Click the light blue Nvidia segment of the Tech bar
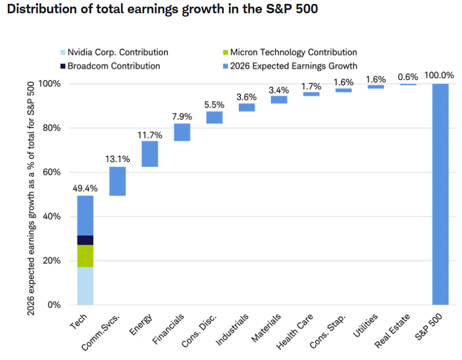pos(86,286)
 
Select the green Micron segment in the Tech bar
pos(86,256)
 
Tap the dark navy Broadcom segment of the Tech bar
pos(86,240)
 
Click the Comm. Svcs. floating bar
pos(118,181)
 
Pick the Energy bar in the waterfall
pos(150,154)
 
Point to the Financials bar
pos(182,132)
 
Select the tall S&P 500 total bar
pos(440,194)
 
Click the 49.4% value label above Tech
pos(85,188)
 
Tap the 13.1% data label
pos(118,159)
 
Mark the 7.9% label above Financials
pos(182,117)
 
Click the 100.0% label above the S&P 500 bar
pos(439,75)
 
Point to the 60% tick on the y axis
pos(51,172)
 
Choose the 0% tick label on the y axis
pos(54,305)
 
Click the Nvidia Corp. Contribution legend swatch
pos(63,52)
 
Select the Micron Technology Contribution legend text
pos(293,52)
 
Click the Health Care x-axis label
pos(295,331)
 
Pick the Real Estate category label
pos(392,331)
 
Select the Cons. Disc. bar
pos(214,118)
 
